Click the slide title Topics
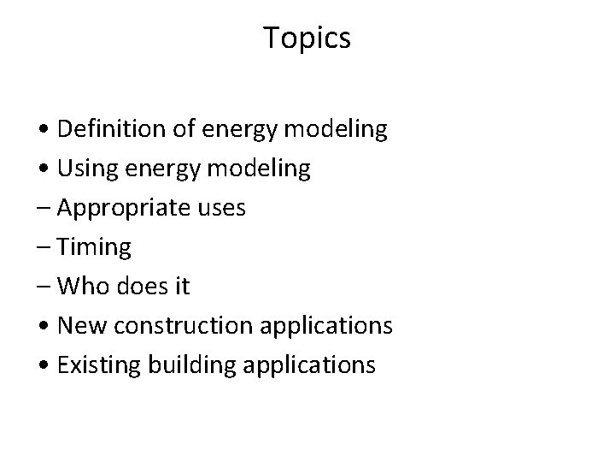[307, 38]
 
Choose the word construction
[200, 326]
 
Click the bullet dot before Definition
[46, 131]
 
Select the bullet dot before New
[46, 327]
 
